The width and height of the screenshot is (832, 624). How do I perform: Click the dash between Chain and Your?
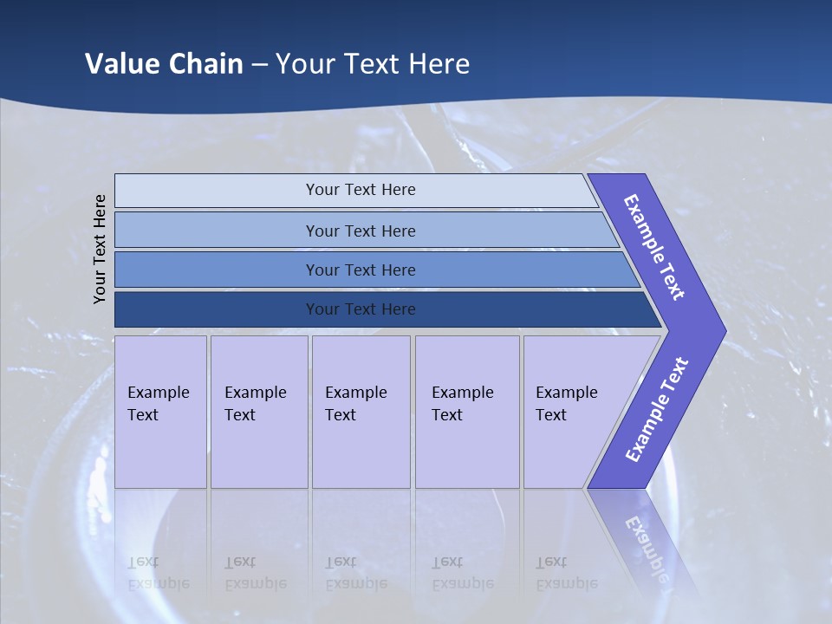[259, 65]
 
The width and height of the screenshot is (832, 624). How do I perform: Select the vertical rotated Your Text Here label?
[100, 249]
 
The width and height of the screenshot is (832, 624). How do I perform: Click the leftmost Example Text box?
[160, 412]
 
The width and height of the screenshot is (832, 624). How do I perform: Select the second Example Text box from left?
[259, 412]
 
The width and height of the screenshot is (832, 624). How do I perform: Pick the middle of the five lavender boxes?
[361, 412]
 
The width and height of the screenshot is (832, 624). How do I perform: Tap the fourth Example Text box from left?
[467, 412]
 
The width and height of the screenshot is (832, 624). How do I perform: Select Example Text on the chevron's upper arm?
[654, 247]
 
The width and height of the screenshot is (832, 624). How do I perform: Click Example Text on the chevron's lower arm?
[656, 410]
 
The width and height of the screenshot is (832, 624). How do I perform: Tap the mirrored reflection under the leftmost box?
[159, 572]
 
